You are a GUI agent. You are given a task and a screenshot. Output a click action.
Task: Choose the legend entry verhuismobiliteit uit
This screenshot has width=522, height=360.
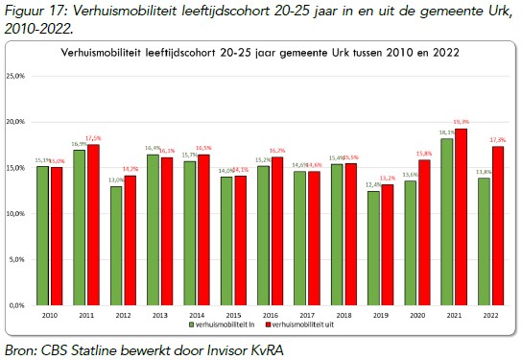click(x=297, y=327)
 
